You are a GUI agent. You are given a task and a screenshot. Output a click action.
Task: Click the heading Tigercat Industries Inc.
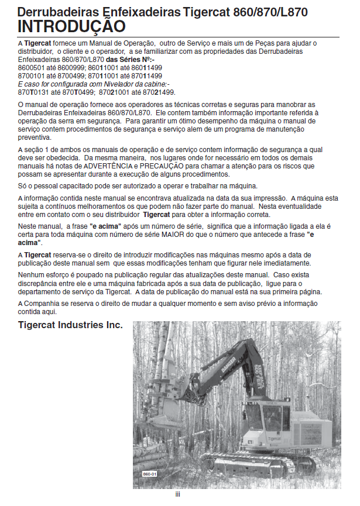(x=70, y=325)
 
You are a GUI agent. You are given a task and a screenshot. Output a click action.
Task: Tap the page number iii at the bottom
(x=177, y=495)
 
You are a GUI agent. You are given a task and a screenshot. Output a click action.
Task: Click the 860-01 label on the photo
(x=150, y=473)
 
